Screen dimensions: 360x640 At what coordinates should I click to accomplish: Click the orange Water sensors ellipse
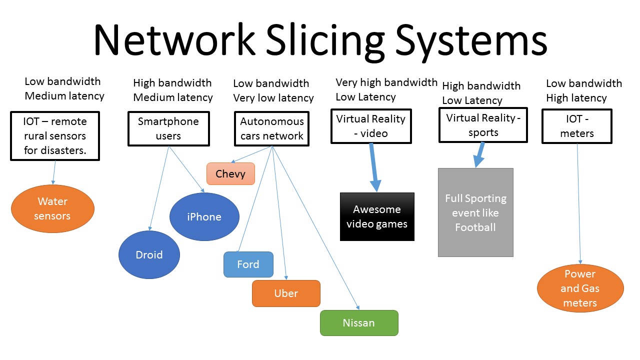52,209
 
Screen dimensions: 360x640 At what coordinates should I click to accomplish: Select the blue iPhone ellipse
204,216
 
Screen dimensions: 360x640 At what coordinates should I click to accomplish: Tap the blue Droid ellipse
149,254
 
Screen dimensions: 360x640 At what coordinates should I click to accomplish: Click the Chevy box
230,174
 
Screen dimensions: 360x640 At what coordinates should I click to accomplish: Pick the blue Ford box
248,264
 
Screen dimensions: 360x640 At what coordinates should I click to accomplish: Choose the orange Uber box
286,293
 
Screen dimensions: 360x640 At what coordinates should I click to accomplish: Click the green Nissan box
359,322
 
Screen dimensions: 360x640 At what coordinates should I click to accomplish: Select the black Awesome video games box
377,216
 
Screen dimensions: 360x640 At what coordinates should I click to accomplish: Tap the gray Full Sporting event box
475,212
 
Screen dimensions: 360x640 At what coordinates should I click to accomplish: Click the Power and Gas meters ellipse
580,288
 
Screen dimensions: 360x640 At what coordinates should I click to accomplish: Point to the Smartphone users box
168,128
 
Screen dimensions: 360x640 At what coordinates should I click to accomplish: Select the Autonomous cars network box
272,128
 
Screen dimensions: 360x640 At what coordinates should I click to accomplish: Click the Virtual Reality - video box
371,126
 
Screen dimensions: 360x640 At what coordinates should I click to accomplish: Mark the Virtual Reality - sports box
483,125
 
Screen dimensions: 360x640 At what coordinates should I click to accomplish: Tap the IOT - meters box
577,126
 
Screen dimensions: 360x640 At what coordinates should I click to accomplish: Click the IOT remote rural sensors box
55,135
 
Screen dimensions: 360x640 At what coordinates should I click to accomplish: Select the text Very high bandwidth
386,82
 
